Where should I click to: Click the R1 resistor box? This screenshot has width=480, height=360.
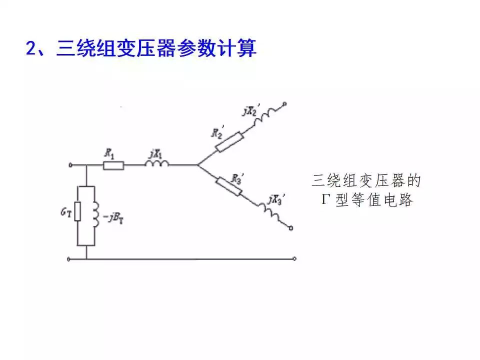pos(113,165)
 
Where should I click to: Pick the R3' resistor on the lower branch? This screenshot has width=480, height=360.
pos(229,186)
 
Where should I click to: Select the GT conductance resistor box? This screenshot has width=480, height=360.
pos(78,211)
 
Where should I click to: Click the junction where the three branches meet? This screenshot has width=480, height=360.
pos(197,164)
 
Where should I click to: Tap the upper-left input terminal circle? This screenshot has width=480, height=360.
pos(69,164)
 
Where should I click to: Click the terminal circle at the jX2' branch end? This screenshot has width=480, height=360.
pos(285,104)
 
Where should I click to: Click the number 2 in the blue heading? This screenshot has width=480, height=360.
pos(30,49)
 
